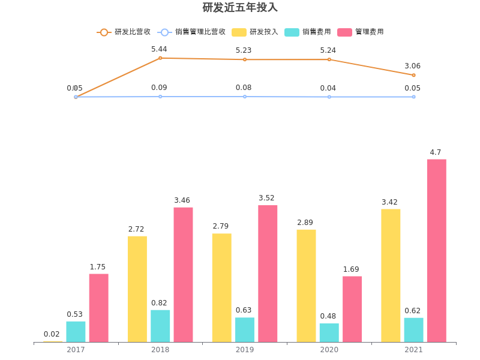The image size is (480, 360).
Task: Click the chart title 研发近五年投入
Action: pos(240,8)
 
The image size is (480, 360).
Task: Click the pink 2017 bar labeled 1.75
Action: pos(98,308)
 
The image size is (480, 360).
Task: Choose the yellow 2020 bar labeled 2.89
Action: pos(306,286)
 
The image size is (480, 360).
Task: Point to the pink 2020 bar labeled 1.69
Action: pos(352,309)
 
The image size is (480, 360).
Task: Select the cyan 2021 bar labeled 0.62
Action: pos(413,330)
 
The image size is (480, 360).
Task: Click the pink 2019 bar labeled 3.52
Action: pos(268,274)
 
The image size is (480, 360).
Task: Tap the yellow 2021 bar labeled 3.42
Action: pos(391,275)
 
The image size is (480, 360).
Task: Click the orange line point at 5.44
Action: pos(160,58)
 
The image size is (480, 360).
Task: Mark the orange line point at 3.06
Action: pos(413,75)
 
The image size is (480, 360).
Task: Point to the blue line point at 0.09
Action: pos(160,97)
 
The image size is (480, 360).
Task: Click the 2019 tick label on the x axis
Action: pos(245,350)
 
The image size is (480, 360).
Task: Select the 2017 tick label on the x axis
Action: pos(76,350)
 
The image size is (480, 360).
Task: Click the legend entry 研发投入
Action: pos(255,32)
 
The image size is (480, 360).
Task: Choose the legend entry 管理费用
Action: pos(361,32)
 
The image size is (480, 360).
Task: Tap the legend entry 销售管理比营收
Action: pos(192,32)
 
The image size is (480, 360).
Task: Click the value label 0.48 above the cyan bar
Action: pos(329,316)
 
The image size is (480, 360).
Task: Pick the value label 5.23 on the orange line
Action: pos(244,50)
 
